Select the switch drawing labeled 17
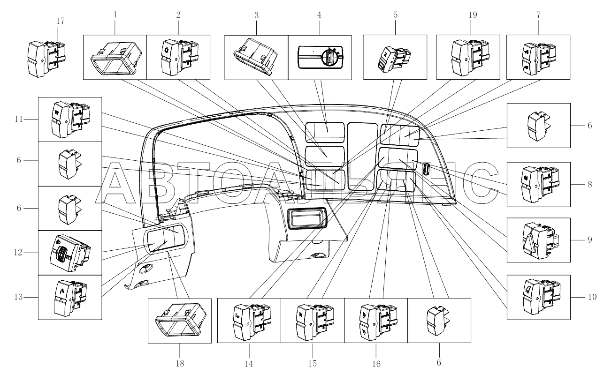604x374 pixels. point(46,58)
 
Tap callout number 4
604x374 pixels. point(319,15)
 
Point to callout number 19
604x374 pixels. point(472,15)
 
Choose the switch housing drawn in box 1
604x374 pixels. point(115,57)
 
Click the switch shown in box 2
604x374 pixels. point(179,58)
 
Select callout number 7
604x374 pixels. point(538,15)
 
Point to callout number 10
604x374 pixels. point(591,297)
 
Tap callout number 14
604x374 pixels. point(249,364)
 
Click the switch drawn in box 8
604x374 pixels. point(538,184)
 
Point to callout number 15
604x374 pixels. point(313,364)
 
